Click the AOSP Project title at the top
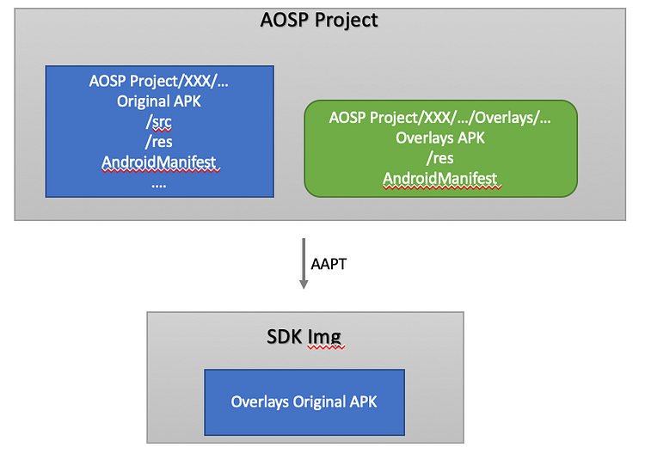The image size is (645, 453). click(319, 20)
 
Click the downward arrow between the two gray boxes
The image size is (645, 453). click(303, 266)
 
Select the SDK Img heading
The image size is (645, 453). click(304, 336)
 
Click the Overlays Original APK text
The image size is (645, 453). click(304, 401)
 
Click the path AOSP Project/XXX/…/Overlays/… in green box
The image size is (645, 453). click(440, 118)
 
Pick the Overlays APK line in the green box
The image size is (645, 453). click(440, 138)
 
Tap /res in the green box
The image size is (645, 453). click(440, 158)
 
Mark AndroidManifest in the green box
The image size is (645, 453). click(440, 178)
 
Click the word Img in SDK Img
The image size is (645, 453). click(327, 336)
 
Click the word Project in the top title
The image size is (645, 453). click(347, 20)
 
